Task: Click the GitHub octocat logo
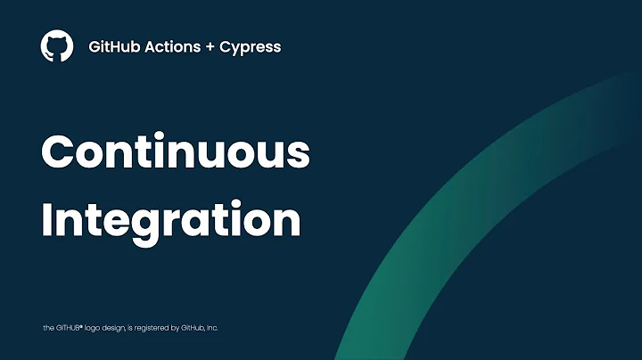(x=57, y=46)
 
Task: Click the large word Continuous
(x=176, y=153)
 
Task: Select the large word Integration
(x=171, y=220)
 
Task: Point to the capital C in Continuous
(x=60, y=153)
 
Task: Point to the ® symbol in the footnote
(x=81, y=326)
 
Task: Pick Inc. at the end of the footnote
(x=212, y=328)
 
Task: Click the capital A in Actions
(x=150, y=46)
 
